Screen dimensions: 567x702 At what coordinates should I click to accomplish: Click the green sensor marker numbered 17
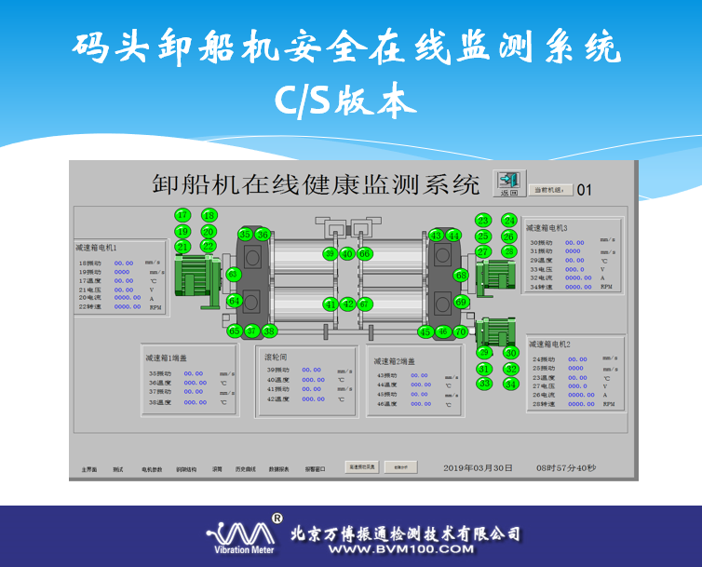pos(182,215)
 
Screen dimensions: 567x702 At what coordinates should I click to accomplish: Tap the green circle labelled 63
pos(233,274)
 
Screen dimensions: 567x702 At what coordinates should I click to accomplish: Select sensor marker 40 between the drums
pos(347,253)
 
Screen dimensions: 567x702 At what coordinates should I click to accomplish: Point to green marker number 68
pos(461,275)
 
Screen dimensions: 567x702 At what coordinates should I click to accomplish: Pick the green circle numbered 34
pos(510,384)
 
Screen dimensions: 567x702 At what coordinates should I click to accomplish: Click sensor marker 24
pos(509,221)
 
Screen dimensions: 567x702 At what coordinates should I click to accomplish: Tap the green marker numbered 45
pos(425,331)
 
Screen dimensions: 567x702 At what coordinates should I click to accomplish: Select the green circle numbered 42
pos(347,304)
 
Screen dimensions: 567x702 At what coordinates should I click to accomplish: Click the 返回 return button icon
pos(508,182)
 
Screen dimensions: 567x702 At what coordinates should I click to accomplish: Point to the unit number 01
pos(585,190)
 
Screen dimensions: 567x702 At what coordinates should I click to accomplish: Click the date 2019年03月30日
pos(478,467)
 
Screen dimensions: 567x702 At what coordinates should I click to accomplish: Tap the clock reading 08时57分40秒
pos(566,467)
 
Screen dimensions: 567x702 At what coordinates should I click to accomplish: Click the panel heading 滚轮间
pos(277,357)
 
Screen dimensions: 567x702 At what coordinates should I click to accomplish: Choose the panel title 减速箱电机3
pos(547,227)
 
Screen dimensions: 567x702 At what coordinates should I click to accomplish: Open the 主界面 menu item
pos(89,469)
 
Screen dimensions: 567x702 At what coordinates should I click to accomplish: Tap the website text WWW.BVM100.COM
pos(401,549)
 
